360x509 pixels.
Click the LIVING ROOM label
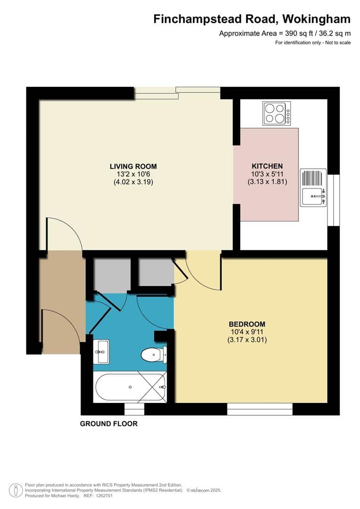133,166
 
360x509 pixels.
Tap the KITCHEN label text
267,166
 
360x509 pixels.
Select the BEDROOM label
247,324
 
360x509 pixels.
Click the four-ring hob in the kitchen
277,113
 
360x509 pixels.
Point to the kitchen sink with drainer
313,187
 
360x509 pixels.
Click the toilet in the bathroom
154,354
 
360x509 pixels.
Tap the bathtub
130,387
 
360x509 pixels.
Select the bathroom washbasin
101,352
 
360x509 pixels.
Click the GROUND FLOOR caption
109,424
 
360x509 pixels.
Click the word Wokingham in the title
316,19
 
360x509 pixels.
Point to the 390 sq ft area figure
294,33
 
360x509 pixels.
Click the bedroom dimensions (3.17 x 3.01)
247,340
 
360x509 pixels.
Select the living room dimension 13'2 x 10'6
133,174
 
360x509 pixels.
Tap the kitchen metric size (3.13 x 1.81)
268,182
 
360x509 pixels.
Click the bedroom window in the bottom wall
260,409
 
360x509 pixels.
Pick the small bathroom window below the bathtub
134,409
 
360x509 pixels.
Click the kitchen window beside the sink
334,200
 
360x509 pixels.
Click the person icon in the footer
16,491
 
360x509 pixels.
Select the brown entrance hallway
62,302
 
